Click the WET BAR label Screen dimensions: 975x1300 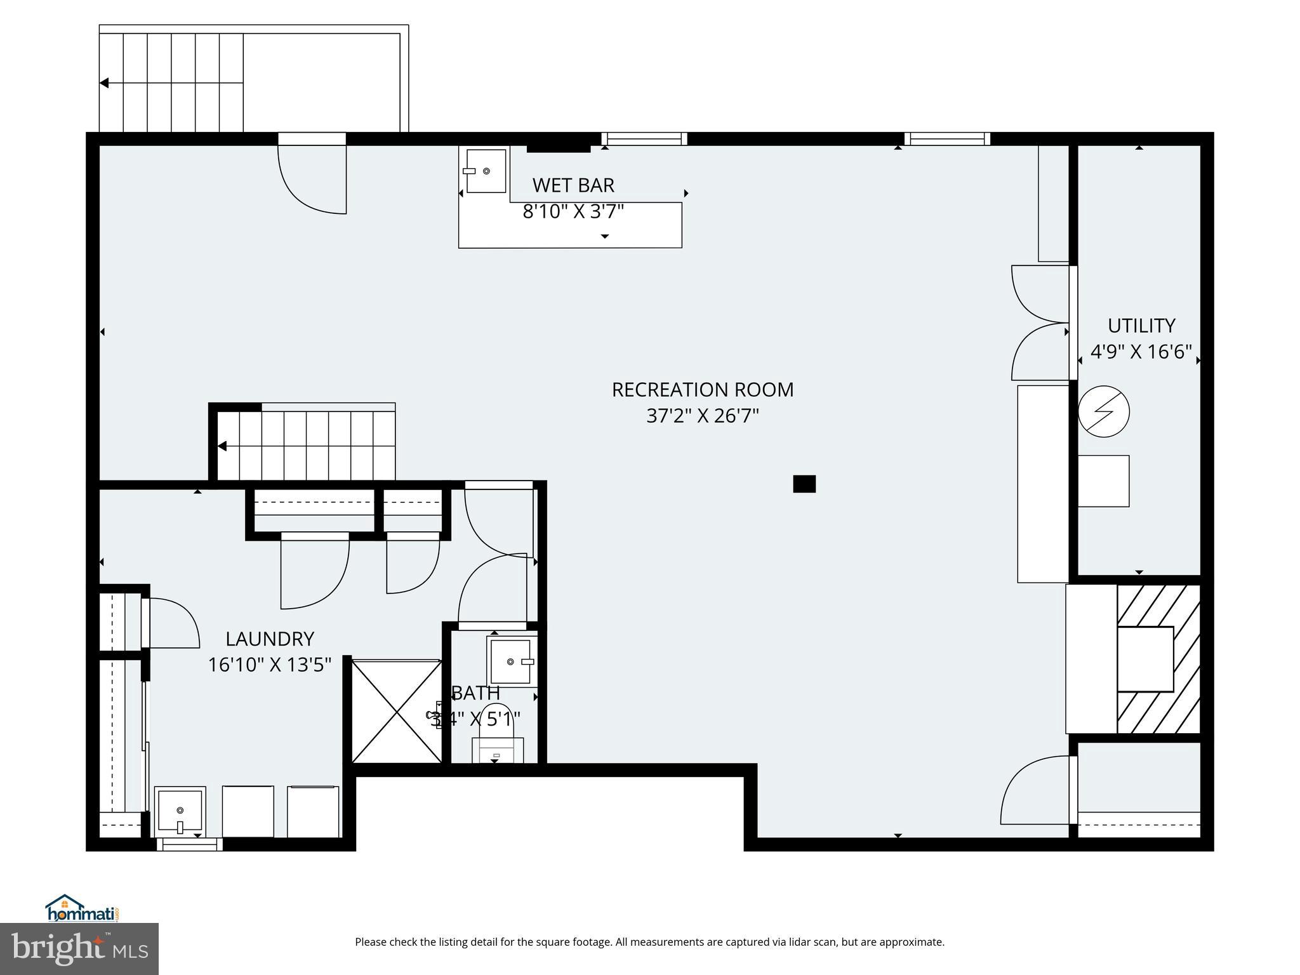(573, 185)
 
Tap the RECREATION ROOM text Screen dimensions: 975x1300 (702, 390)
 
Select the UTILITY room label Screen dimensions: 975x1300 (1141, 326)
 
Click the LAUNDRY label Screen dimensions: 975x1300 (270, 639)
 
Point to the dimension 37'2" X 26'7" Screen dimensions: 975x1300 (702, 416)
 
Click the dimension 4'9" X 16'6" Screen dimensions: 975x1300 (1141, 352)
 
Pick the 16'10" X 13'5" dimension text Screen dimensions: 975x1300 (270, 665)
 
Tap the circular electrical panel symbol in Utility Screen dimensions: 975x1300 (1103, 411)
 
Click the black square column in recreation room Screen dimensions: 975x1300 (804, 484)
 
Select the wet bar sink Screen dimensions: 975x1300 (486, 171)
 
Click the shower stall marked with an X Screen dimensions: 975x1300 (396, 711)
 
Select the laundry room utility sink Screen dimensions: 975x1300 (180, 812)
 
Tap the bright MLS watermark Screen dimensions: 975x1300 (79, 949)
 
